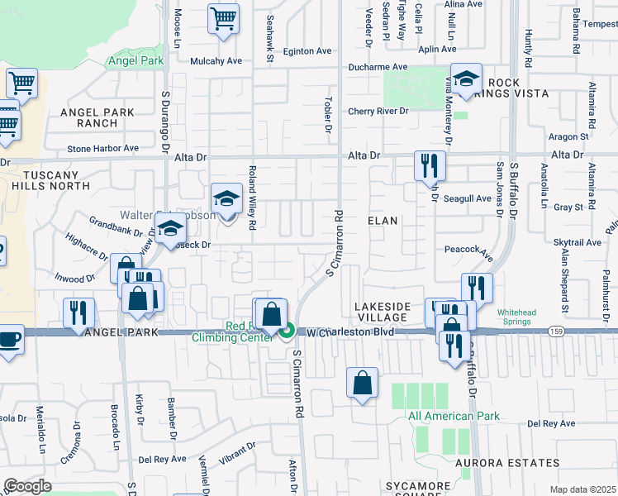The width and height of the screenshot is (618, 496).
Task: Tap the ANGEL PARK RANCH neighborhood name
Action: pyautogui.click(x=87, y=117)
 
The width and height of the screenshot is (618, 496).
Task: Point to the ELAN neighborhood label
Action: pyautogui.click(x=383, y=221)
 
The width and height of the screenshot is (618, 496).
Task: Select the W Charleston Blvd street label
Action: pyautogui.click(x=347, y=332)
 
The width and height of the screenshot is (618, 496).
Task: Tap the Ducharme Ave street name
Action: pyautogui.click(x=378, y=67)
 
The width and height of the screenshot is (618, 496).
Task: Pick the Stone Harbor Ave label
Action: pyautogui.click(x=103, y=148)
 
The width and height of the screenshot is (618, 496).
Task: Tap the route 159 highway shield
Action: pyautogui.click(x=555, y=331)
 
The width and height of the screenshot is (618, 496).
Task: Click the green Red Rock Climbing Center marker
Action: pyautogui.click(x=287, y=332)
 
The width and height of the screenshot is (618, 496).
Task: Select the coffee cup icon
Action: pyautogui.click(x=10, y=340)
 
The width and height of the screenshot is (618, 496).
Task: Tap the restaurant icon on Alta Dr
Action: pyautogui.click(x=430, y=165)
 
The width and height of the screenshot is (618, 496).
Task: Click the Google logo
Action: pyautogui.click(x=27, y=486)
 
